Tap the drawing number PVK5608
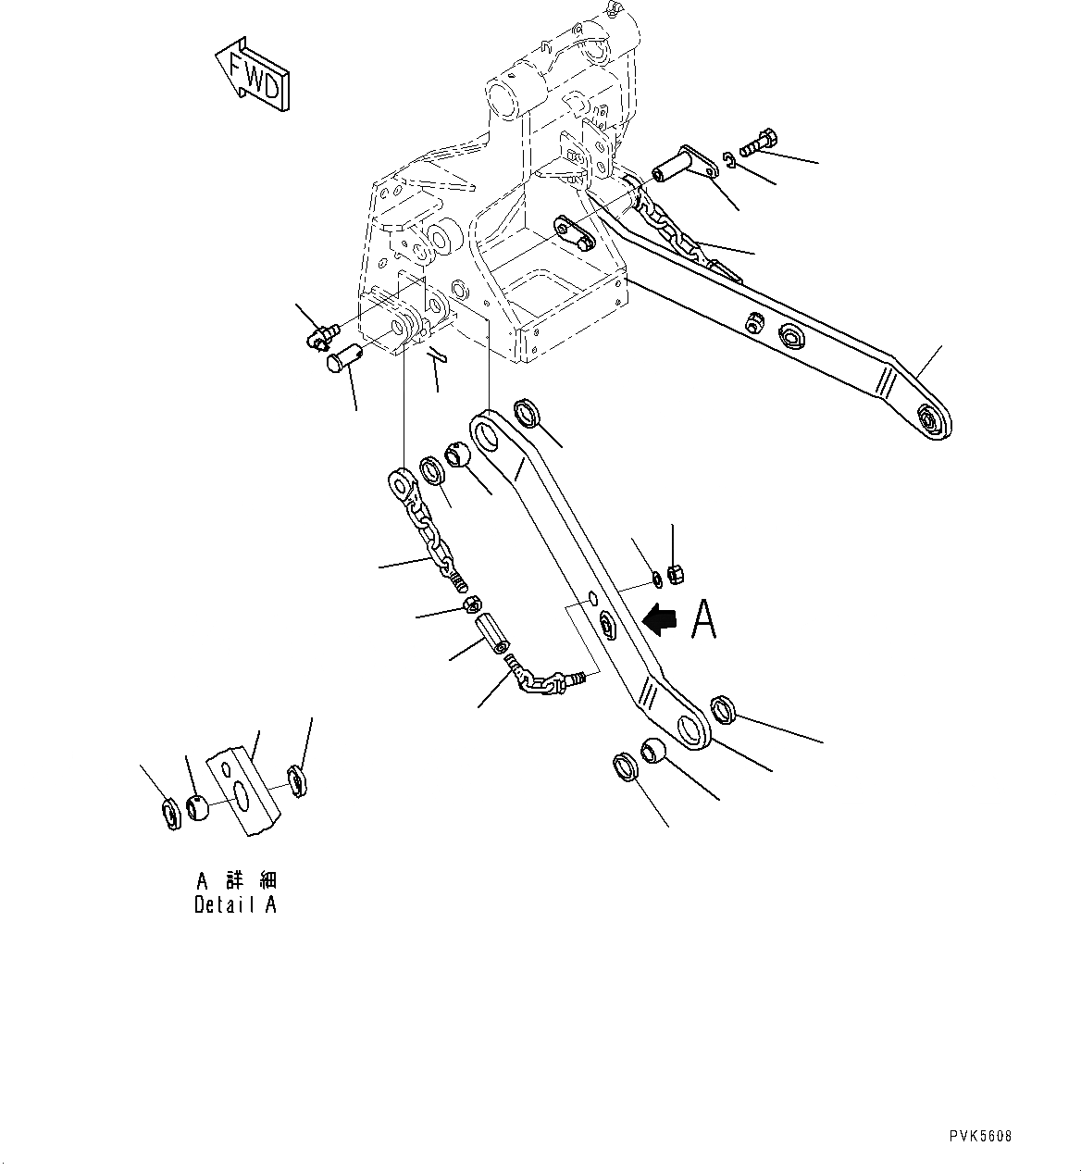click(x=980, y=1136)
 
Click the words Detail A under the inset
click(x=235, y=905)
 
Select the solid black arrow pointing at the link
click(x=661, y=619)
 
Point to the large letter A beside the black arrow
click(x=704, y=619)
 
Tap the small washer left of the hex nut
click(x=655, y=579)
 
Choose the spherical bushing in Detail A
click(x=198, y=807)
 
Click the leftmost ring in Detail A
click(x=171, y=815)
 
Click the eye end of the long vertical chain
click(x=401, y=483)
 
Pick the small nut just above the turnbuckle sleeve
click(x=470, y=606)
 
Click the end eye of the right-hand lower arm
click(x=930, y=422)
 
